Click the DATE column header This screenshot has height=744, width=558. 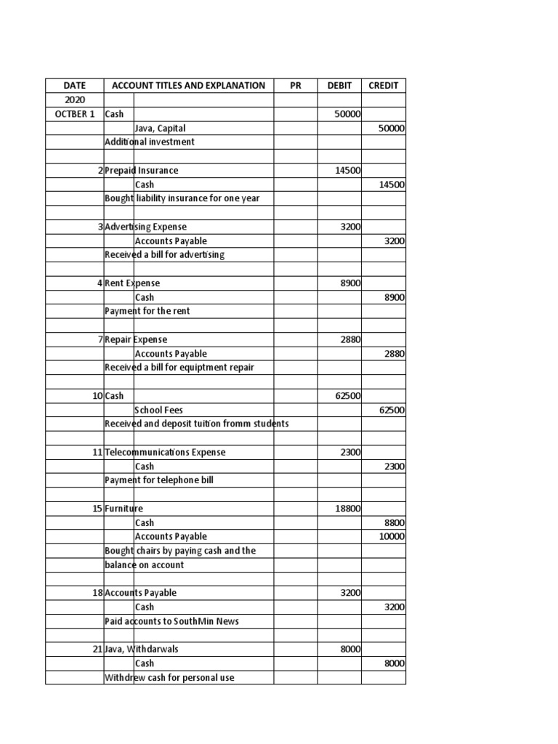point(74,86)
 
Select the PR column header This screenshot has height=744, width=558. point(295,86)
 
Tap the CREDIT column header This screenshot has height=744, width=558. point(383,86)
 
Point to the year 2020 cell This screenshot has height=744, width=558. point(74,100)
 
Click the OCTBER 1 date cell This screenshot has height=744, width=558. point(74,114)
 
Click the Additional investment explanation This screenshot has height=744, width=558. point(150,142)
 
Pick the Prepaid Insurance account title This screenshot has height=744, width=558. point(142,171)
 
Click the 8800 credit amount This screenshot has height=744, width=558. point(395,522)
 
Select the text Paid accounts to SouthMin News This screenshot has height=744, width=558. point(171,621)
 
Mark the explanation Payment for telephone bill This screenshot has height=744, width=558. point(159,480)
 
